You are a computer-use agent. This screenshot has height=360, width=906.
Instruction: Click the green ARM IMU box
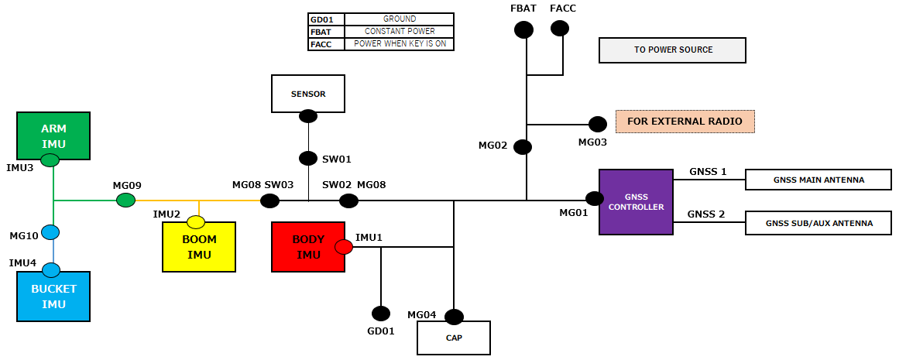click(53, 135)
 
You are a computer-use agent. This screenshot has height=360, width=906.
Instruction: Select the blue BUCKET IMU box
click(53, 296)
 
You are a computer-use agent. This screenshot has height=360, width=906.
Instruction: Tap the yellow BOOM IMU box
click(199, 247)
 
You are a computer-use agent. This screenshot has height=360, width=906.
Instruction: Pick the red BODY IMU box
click(308, 247)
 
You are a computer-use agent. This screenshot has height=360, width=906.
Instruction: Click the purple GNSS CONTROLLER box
click(636, 201)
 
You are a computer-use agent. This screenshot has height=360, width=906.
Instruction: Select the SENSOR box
click(308, 94)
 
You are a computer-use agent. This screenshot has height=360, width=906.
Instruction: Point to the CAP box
click(454, 338)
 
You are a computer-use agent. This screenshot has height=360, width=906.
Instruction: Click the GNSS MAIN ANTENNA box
click(818, 180)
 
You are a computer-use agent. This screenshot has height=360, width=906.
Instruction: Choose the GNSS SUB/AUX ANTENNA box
click(818, 223)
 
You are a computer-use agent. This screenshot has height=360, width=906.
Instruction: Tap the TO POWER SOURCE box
click(673, 50)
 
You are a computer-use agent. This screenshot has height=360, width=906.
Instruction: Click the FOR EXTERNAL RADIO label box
click(685, 122)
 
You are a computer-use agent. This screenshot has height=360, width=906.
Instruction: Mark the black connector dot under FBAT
click(523, 29)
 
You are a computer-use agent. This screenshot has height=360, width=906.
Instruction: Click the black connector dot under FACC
click(559, 28)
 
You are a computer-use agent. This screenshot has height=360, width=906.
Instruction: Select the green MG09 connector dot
click(125, 201)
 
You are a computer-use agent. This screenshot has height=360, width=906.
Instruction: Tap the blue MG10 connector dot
click(51, 232)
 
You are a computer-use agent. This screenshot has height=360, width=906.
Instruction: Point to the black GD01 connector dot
click(381, 314)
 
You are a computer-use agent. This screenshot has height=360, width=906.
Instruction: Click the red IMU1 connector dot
click(344, 247)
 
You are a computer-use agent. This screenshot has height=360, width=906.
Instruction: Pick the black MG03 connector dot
click(598, 124)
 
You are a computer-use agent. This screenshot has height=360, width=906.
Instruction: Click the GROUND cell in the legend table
click(400, 19)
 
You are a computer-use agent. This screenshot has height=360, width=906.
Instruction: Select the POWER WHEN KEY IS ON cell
click(400, 44)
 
